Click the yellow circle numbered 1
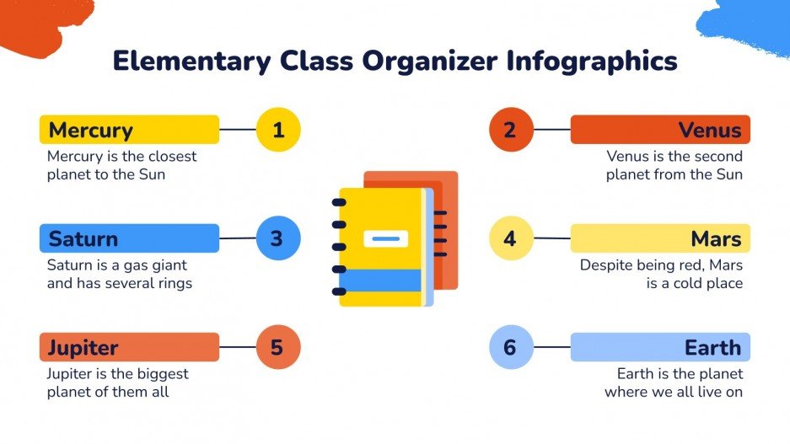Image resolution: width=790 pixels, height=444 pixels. click(277, 130)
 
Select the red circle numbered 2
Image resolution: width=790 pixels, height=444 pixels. click(510, 130)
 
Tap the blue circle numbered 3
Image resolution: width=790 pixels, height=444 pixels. click(277, 238)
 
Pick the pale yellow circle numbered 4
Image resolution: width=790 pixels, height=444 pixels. click(510, 238)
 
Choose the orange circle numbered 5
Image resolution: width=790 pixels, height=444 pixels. click(277, 347)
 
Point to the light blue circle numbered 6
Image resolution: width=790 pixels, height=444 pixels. click(510, 347)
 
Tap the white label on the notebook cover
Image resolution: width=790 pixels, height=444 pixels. click(385, 238)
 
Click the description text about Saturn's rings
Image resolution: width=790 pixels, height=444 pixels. click(120, 274)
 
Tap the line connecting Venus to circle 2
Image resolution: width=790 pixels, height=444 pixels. click(551, 130)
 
